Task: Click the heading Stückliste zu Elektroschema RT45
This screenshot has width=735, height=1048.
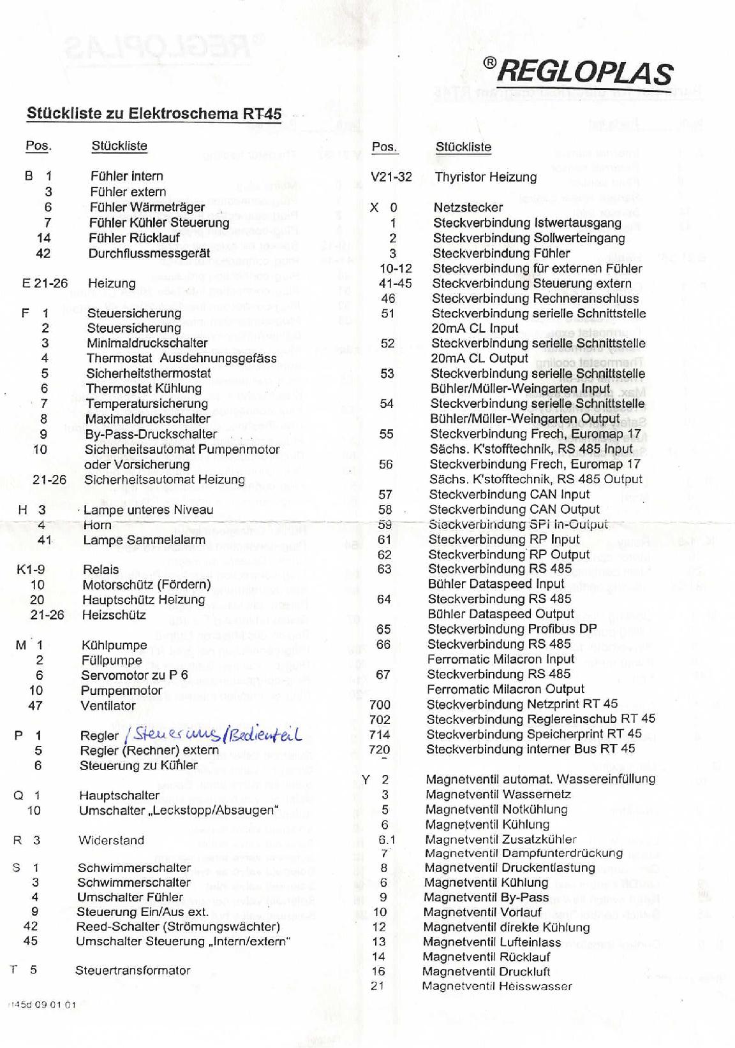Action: pyautogui.click(x=154, y=113)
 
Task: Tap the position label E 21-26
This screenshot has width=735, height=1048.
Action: pyautogui.click(x=45, y=283)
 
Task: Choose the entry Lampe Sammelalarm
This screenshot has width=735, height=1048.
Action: pyautogui.click(x=144, y=540)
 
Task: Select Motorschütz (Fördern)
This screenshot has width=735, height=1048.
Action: pyautogui.click(x=146, y=585)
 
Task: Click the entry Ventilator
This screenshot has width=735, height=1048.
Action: pyautogui.click(x=108, y=706)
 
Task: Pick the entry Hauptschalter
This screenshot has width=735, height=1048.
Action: pyautogui.click(x=119, y=795)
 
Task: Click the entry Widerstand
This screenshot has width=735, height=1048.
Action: pyautogui.click(x=111, y=840)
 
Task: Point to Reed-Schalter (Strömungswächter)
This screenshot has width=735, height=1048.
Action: pyautogui.click(x=178, y=926)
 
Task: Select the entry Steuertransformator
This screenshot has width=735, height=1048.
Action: pyautogui.click(x=133, y=970)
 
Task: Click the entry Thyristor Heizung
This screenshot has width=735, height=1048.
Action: pyautogui.click(x=486, y=177)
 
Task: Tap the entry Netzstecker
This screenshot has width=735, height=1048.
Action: pyautogui.click(x=468, y=207)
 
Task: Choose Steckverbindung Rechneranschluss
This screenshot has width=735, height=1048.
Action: pyautogui.click(x=535, y=298)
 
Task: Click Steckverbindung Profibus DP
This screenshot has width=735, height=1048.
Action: pyautogui.click(x=512, y=629)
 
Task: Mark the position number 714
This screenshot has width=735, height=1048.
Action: pyautogui.click(x=380, y=734)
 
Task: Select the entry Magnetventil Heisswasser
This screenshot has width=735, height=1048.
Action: pyautogui.click(x=497, y=986)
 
